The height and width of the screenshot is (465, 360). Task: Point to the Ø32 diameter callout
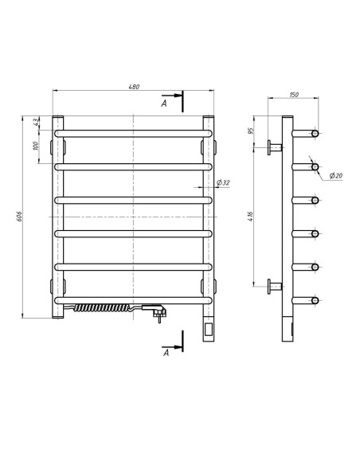point(222,183)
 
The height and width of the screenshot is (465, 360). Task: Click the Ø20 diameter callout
point(335,175)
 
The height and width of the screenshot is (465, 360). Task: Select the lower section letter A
point(165,354)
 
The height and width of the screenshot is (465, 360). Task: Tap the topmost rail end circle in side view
point(315,132)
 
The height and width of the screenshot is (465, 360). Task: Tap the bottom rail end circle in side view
point(315,300)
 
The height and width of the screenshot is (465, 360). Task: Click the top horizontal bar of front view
point(133,132)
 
